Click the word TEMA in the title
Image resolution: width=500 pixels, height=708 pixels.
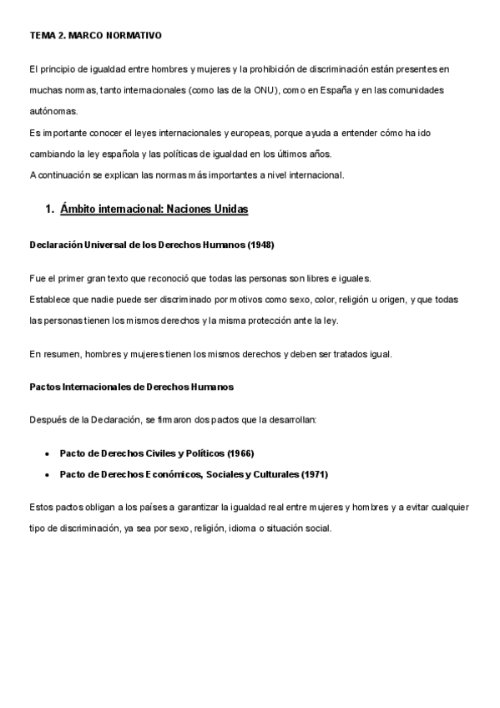point(41,36)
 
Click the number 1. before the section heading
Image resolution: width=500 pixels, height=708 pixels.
point(49,210)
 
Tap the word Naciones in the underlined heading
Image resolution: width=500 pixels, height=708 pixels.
point(191,210)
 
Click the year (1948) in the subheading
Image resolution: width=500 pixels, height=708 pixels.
point(259,245)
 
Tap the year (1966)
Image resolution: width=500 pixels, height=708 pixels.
point(238,453)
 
